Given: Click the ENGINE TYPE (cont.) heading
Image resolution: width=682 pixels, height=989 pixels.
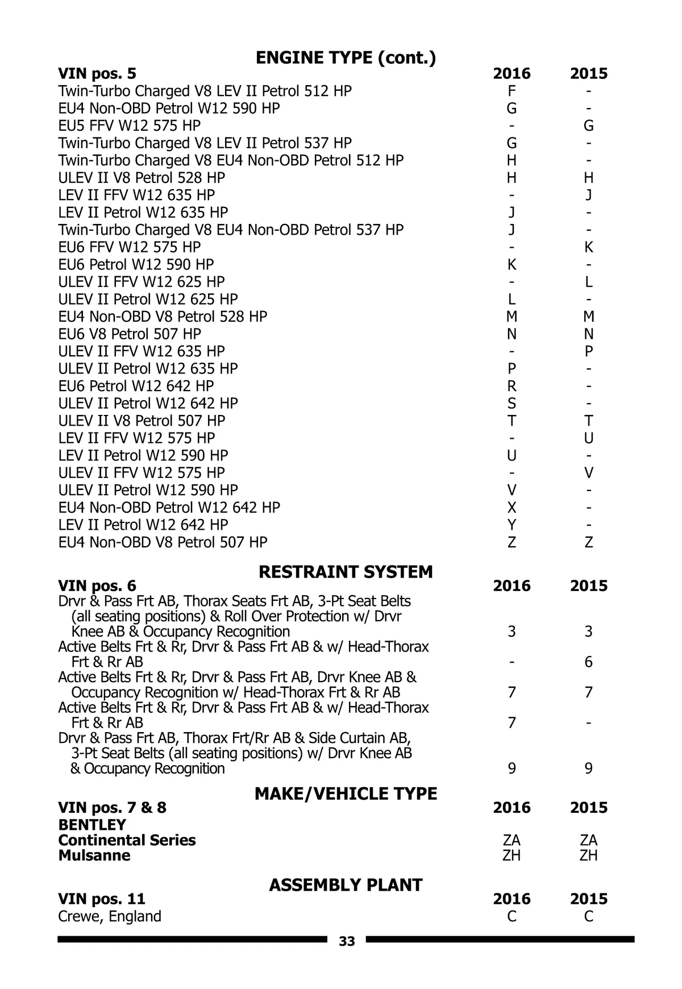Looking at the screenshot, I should click(346, 57).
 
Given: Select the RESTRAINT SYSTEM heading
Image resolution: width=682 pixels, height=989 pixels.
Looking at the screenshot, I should click(346, 571).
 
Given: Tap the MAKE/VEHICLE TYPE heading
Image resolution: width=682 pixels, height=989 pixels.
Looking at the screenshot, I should click(346, 793).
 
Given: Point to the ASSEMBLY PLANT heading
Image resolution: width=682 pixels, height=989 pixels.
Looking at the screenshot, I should click(346, 885).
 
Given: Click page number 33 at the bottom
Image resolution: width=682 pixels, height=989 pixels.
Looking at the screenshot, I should click(347, 942).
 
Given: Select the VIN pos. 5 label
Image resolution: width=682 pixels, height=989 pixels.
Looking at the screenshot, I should click(97, 73).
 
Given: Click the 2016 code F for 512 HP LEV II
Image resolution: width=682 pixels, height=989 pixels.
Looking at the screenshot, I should click(511, 91).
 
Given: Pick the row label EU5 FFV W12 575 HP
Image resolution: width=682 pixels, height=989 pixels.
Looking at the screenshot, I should click(130, 126).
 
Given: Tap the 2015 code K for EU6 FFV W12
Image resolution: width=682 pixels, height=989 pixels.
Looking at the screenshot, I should click(589, 247).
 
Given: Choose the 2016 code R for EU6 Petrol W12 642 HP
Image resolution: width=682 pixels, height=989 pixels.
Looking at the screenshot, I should click(511, 386).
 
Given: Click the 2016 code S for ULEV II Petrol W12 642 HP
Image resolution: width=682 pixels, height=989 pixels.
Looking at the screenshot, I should click(511, 404).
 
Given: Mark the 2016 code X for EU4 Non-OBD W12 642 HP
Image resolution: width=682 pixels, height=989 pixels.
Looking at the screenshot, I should click(511, 508).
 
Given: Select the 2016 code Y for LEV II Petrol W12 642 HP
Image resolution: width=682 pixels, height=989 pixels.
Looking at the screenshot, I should click(511, 525).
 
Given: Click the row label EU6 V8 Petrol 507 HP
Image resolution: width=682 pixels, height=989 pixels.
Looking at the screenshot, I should click(130, 334).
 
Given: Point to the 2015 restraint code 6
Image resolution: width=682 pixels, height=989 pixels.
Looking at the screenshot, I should click(589, 662).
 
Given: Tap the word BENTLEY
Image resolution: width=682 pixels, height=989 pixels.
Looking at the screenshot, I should click(92, 825).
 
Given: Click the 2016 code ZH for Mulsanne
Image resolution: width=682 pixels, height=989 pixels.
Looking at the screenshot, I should click(511, 855).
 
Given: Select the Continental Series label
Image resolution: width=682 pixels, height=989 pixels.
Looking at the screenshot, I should click(127, 840).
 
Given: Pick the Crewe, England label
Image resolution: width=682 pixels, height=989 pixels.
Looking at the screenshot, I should click(110, 916).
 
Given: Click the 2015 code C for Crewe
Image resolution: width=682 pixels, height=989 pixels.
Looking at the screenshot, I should click(589, 916).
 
